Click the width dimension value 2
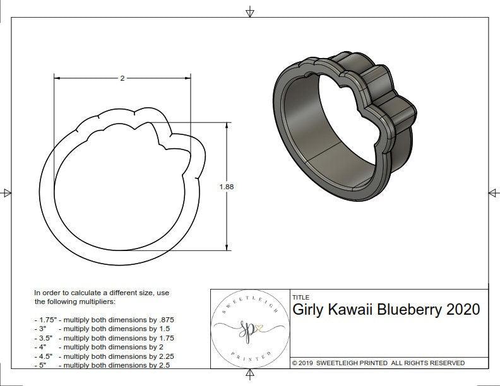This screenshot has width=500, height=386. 122,78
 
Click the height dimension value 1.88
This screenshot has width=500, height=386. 226,187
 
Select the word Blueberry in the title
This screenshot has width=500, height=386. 410,310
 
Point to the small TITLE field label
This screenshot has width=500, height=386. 301,297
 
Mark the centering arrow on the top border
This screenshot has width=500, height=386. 251,12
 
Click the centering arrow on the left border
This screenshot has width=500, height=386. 7,192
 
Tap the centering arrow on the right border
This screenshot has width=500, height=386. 493,192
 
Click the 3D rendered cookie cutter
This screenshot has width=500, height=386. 344,120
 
